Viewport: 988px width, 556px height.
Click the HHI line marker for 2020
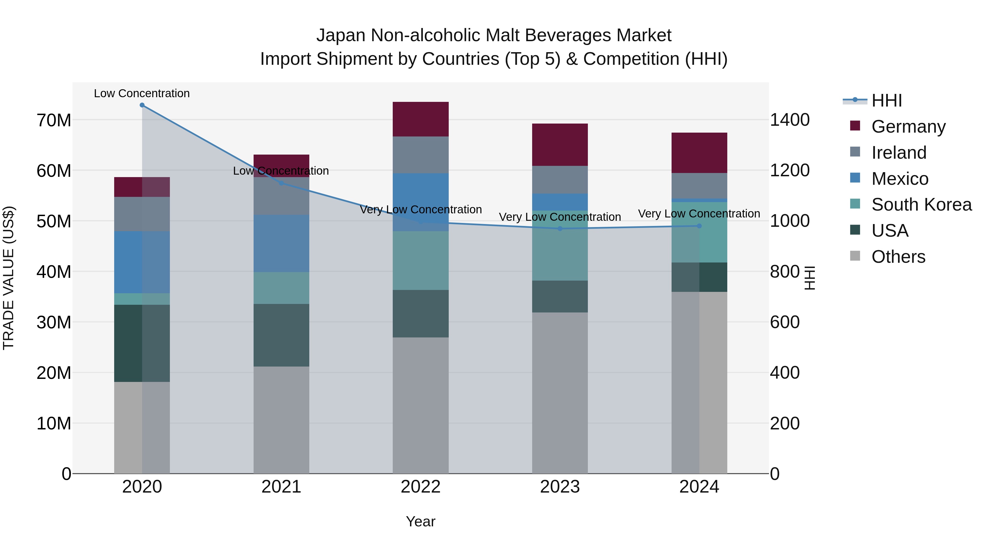[x=142, y=105]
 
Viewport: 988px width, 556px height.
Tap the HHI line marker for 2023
[x=560, y=229]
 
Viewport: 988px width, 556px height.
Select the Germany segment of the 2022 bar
[x=420, y=119]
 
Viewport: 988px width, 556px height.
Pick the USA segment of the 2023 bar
[x=560, y=296]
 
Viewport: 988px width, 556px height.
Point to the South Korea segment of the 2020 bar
[x=142, y=299]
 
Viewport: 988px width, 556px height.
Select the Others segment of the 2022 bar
[x=420, y=405]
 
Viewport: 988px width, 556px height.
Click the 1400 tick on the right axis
[x=790, y=120]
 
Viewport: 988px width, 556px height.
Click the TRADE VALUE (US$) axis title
[x=9, y=278]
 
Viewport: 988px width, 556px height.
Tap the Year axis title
[x=420, y=521]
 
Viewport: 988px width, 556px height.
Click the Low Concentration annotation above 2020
[x=142, y=94]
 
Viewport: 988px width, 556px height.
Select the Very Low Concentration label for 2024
[x=699, y=214]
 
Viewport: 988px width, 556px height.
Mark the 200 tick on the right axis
[x=784, y=423]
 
